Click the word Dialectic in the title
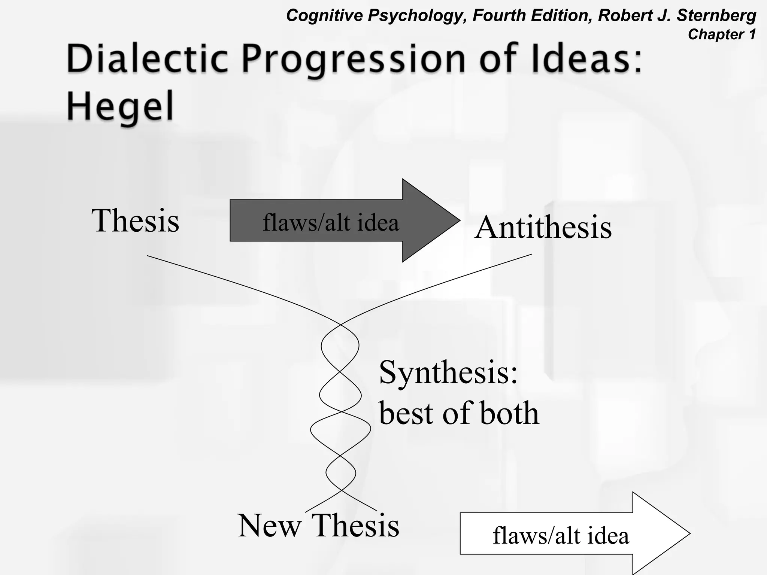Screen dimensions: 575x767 tap(147, 59)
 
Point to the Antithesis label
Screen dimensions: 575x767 tap(543, 227)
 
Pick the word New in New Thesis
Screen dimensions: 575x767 tap(269, 526)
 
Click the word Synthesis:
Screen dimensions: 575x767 tap(448, 373)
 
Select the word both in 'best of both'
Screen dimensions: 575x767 tap(509, 413)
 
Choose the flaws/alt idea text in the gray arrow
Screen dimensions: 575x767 tap(331, 222)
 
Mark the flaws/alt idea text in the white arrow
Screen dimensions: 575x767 tap(561, 535)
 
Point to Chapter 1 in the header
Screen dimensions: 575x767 tap(722, 34)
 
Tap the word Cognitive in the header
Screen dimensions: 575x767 tap(324, 16)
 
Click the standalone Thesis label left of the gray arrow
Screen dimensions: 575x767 tap(135, 220)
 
